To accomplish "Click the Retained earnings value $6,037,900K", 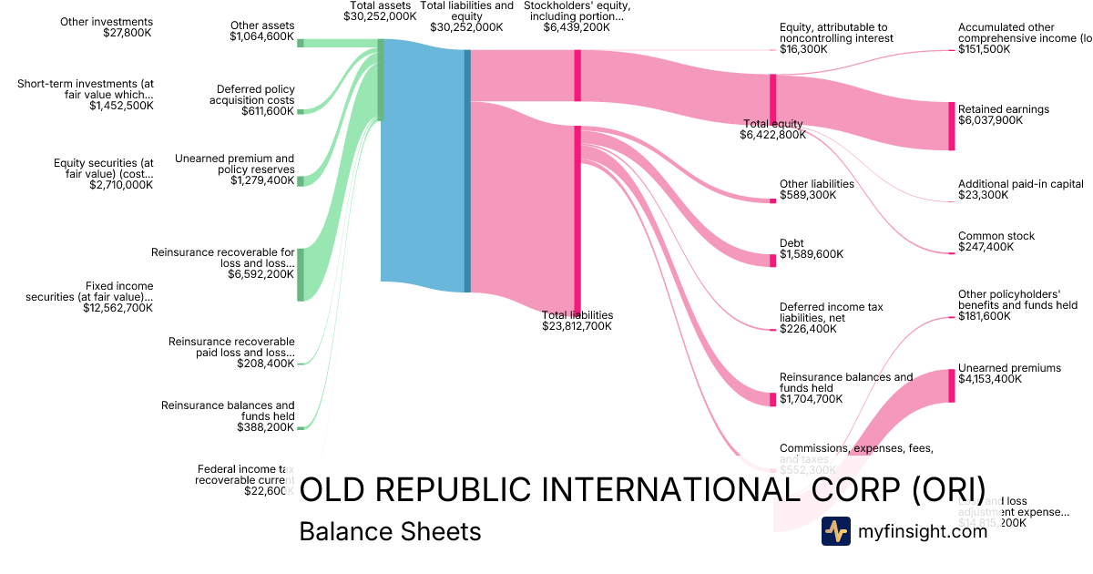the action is (990, 119).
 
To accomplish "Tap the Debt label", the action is (792, 243).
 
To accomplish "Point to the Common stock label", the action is (996, 236).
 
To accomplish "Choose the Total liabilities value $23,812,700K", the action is (577, 326).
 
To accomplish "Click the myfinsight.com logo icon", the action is (835, 531).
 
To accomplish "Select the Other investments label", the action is (107, 22).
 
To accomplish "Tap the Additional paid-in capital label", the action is (1020, 184).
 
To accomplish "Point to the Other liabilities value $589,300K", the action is (812, 194).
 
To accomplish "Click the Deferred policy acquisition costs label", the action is (255, 95).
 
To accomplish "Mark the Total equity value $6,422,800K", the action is (773, 135).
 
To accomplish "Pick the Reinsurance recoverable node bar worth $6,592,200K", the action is (301, 273).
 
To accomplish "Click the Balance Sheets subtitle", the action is (390, 531).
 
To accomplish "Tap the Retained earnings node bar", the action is (952, 126).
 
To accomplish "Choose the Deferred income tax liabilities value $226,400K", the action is (812, 329).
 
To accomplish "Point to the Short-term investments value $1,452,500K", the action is (121, 106).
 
